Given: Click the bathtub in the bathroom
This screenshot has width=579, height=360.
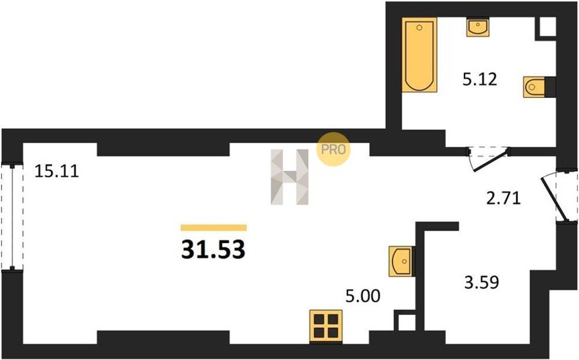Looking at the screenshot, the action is click(419, 55).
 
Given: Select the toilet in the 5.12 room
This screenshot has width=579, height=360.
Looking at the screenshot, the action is click(535, 87).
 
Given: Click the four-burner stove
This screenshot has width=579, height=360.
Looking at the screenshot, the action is click(326, 325).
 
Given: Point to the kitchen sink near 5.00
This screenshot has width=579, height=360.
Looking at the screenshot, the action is click(401, 262).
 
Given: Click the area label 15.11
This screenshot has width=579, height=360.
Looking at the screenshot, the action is click(57, 172).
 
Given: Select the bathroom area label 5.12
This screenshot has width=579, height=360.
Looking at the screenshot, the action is click(480, 79).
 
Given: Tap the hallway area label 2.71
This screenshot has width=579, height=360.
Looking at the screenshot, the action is click(503, 199).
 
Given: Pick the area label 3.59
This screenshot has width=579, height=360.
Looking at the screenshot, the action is click(482, 283).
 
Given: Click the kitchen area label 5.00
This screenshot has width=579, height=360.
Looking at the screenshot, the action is click(363, 296).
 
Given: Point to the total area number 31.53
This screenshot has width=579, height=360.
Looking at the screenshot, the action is click(214, 249).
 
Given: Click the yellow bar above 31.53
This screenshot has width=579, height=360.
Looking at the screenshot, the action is click(214, 228).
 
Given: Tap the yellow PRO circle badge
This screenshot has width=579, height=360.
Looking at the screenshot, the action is click(333, 149).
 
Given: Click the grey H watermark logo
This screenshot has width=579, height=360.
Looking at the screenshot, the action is click(289, 177).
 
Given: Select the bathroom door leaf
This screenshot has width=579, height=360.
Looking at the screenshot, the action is click(490, 161).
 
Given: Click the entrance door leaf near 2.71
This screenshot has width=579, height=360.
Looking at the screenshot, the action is click(553, 199).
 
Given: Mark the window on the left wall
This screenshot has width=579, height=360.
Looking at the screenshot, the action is click(12, 218).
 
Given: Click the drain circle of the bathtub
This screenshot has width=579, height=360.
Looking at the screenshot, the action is click(419, 28).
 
